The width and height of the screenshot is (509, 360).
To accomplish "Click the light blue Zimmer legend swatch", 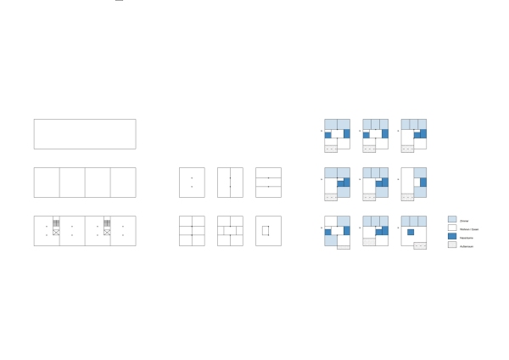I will tap(451, 219).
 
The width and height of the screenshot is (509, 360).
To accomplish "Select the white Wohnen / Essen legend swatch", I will tap(451, 228).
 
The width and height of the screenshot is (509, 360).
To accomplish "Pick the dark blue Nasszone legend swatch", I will tap(451, 237).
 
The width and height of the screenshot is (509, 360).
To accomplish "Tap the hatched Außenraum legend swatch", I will tap(451, 245).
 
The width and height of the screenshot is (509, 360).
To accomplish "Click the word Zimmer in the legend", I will tap(464, 219).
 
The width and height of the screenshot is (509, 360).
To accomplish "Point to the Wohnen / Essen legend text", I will tap(467, 228).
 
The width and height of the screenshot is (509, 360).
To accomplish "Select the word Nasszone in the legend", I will tap(466, 237).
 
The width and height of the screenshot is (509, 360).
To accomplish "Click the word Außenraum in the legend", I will tap(467, 245).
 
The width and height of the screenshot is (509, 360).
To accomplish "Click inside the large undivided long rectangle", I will tap(85, 134).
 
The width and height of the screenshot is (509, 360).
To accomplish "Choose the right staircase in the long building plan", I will tap(109, 222).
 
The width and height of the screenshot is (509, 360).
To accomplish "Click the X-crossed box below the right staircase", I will tap(109, 231).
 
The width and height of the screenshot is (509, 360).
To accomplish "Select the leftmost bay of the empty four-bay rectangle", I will tap(47, 183).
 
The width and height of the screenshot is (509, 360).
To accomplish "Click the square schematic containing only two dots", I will tap(192, 183).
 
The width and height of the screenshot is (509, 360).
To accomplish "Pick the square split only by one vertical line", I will tap(230, 183).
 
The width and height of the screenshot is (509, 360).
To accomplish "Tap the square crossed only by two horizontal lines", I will tap(268, 183).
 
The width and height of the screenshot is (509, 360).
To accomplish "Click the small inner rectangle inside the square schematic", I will tap(266, 231).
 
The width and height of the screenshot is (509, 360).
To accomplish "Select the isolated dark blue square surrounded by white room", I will tap(411, 232).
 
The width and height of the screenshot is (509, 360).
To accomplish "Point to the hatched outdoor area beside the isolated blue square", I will tap(420, 245).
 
